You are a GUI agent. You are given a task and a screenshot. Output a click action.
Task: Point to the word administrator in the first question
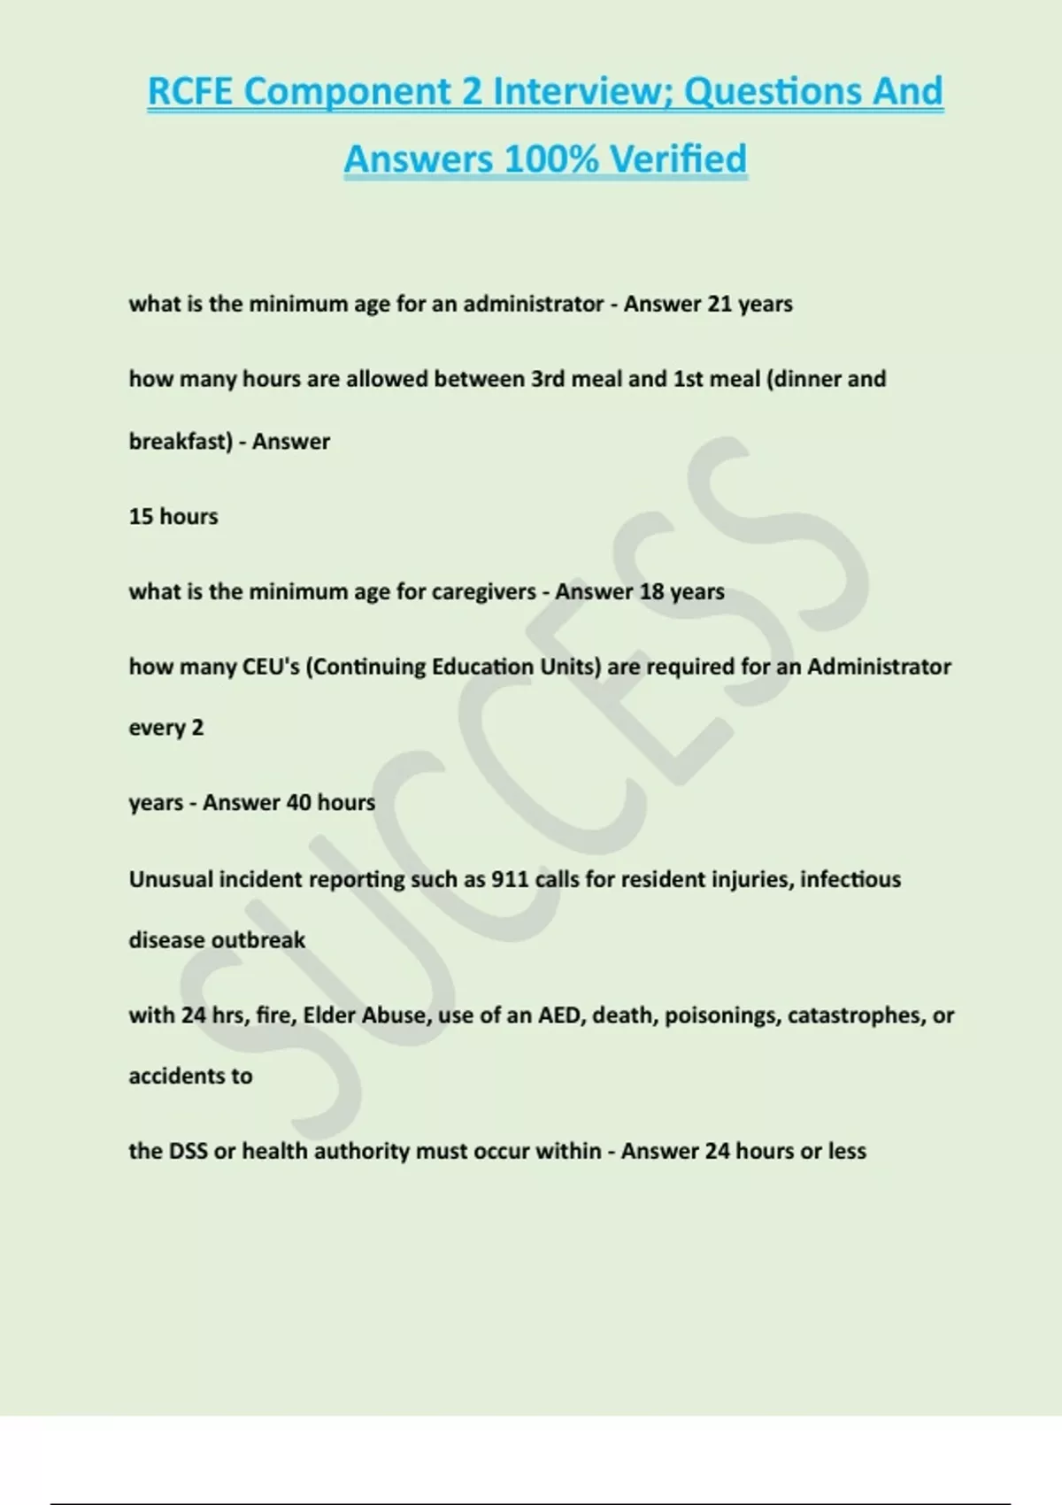click(x=533, y=304)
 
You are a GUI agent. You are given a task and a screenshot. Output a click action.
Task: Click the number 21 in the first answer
click(x=720, y=304)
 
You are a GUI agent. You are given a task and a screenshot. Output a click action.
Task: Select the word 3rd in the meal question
click(x=548, y=379)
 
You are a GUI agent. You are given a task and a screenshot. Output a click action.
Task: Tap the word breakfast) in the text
click(x=181, y=441)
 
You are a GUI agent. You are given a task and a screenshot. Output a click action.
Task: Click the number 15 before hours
click(x=141, y=516)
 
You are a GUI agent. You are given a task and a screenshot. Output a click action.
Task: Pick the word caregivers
click(x=483, y=591)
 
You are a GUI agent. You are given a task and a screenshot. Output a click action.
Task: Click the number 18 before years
click(x=651, y=591)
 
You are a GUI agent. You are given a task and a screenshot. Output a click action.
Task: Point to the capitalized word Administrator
click(x=879, y=667)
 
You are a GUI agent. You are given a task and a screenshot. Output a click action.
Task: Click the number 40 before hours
click(x=299, y=803)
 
